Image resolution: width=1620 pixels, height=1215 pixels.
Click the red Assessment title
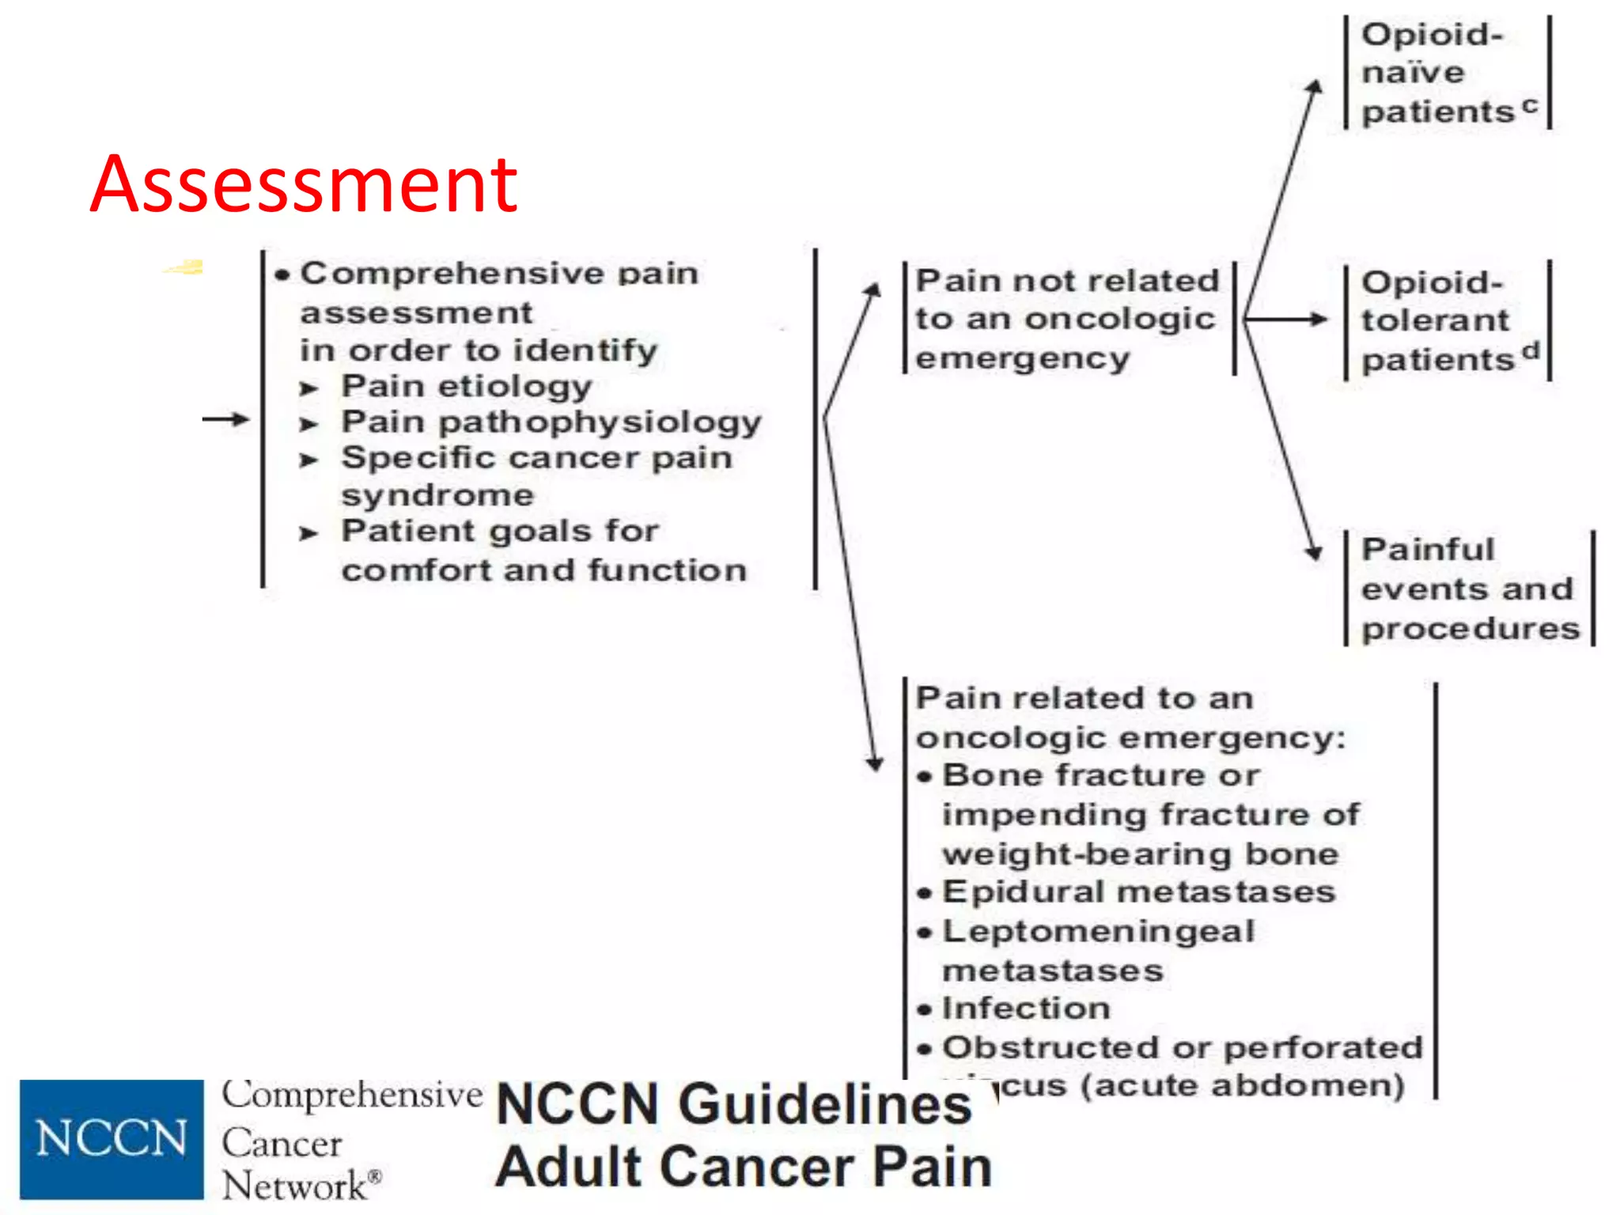pos(304,184)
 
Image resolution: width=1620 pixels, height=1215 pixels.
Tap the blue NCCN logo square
pos(112,1139)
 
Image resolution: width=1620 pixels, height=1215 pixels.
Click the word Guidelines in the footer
pos(825,1104)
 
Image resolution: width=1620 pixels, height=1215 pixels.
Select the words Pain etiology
pos(467,387)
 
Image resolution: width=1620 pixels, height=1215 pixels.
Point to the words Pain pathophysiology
pos(551,422)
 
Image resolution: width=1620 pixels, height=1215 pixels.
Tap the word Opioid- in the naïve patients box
pos(1431,35)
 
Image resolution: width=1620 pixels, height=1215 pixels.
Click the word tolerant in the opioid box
pos(1435,320)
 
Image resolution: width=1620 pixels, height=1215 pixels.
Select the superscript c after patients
pos(1530,104)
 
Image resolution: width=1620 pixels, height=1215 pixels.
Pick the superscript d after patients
pos(1531,350)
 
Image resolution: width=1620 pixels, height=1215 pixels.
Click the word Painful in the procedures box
pos(1428,549)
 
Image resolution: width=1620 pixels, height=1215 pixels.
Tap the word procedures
pos(1470,629)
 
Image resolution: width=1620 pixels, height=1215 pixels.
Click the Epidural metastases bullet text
pos(1138,892)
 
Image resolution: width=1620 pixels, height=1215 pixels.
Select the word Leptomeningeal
pos(1098,931)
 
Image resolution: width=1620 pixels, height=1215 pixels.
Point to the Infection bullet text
pos(1026,1009)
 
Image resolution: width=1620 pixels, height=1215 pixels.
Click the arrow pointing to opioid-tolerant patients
pos(1286,320)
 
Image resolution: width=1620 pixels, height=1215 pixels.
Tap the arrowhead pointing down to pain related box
pos(874,763)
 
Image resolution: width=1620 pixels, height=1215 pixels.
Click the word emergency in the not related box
pos(1022,358)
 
